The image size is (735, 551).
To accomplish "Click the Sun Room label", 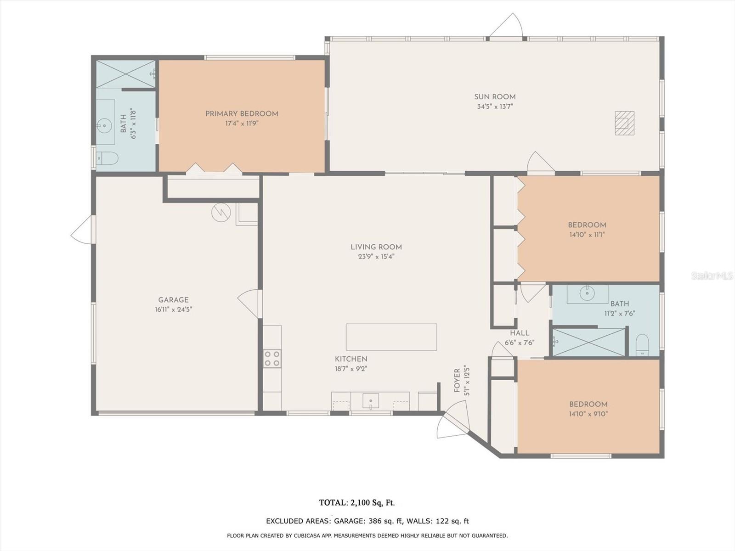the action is click(495, 97).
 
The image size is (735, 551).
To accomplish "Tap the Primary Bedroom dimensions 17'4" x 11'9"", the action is click(242, 124).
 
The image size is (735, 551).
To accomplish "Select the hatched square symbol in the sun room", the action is click(624, 123).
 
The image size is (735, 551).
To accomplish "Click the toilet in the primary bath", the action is click(107, 158).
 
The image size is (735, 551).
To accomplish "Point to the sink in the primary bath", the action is click(104, 126).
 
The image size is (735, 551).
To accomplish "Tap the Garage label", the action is click(173, 300).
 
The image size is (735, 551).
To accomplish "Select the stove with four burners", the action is click(272, 359).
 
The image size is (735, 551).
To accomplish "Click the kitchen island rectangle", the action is click(391, 337).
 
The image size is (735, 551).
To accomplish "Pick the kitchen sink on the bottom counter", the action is click(371, 401).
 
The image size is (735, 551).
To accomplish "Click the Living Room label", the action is click(376, 247).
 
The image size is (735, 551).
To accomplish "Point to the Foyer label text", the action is click(457, 381).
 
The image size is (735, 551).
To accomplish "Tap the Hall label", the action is click(520, 333).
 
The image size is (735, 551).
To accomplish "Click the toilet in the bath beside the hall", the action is click(642, 345).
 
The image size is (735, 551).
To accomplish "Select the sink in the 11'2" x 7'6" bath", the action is click(588, 293).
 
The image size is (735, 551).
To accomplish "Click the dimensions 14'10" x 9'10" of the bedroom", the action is click(588, 414).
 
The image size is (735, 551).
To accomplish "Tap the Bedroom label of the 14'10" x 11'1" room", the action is click(587, 225).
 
